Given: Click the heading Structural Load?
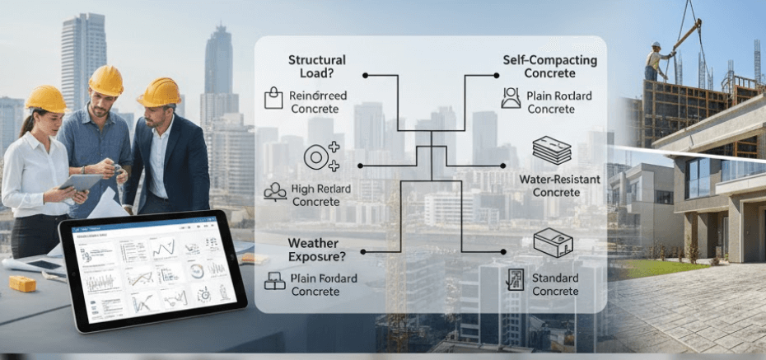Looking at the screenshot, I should click(317, 67).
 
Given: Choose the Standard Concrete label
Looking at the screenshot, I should click(555, 284).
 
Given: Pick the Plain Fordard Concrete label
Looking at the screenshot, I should click(324, 285).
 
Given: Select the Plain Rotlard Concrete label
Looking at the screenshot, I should click(559, 102).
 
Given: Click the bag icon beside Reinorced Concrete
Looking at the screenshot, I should click(273, 99).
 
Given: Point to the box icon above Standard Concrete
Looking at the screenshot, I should click(553, 243).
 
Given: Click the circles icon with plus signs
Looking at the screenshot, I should click(320, 157).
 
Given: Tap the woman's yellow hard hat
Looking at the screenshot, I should click(47, 99).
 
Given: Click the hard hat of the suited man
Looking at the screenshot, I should click(160, 91).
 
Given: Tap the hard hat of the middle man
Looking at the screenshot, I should click(106, 81).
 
